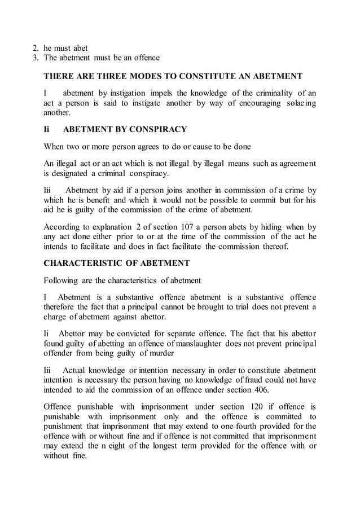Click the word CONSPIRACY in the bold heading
pyautogui.click(x=158, y=129)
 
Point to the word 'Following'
pyautogui.click(x=63, y=280)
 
